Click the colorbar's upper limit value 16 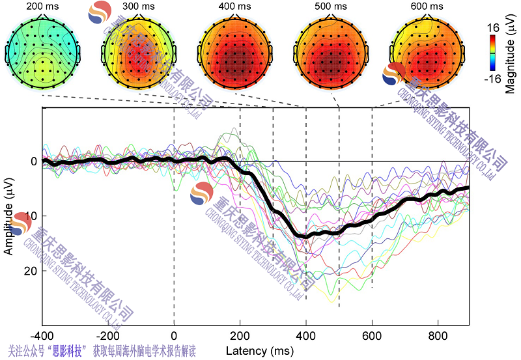[x=494, y=28]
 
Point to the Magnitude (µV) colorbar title [x=510, y=56]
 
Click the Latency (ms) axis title [x=256, y=351]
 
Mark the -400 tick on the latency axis [x=42, y=335]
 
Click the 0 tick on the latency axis [x=174, y=335]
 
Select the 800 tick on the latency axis [x=438, y=335]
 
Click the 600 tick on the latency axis [x=372, y=335]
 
